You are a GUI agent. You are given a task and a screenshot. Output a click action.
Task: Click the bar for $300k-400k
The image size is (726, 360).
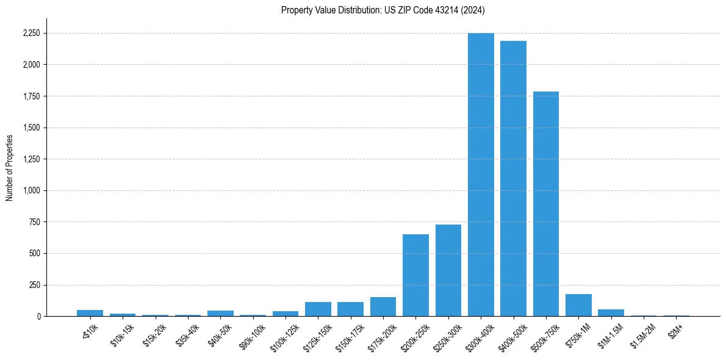(481, 175)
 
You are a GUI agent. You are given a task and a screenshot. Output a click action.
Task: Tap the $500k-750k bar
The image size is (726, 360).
(546, 204)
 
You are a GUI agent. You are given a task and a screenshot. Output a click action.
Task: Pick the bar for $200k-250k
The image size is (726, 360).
(415, 275)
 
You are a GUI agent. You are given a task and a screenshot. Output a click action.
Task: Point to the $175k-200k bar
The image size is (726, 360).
(383, 306)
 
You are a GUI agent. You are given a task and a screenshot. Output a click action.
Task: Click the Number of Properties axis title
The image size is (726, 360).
(10, 167)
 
